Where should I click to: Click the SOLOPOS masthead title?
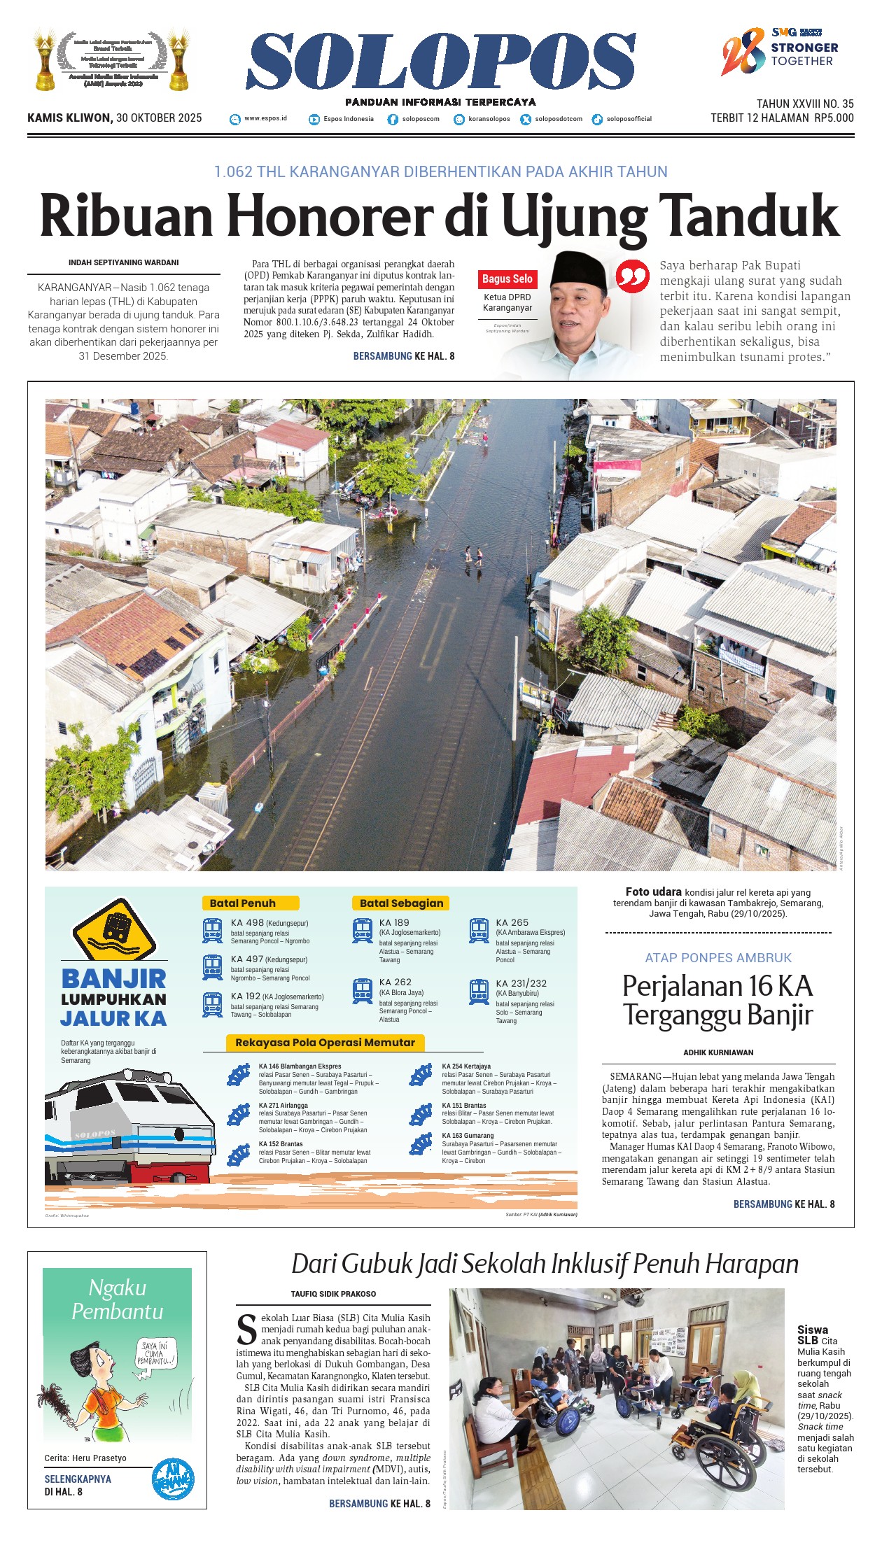point(441,62)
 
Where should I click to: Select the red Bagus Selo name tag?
point(507,279)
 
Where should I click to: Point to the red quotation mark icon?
point(632,277)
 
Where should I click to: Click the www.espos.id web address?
point(265,119)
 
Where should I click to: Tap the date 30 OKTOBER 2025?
point(159,118)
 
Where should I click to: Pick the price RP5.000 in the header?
point(834,118)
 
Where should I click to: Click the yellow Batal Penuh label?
point(250,903)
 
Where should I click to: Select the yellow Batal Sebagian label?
point(401,903)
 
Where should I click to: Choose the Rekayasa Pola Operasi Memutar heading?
point(325,1043)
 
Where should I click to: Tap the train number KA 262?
point(395,982)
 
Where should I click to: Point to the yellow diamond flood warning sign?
point(113,929)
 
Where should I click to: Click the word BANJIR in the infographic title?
point(113,978)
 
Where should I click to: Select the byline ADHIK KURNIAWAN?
point(718,1052)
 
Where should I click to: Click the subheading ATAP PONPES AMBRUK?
point(718,958)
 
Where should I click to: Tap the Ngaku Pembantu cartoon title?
point(117,1299)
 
